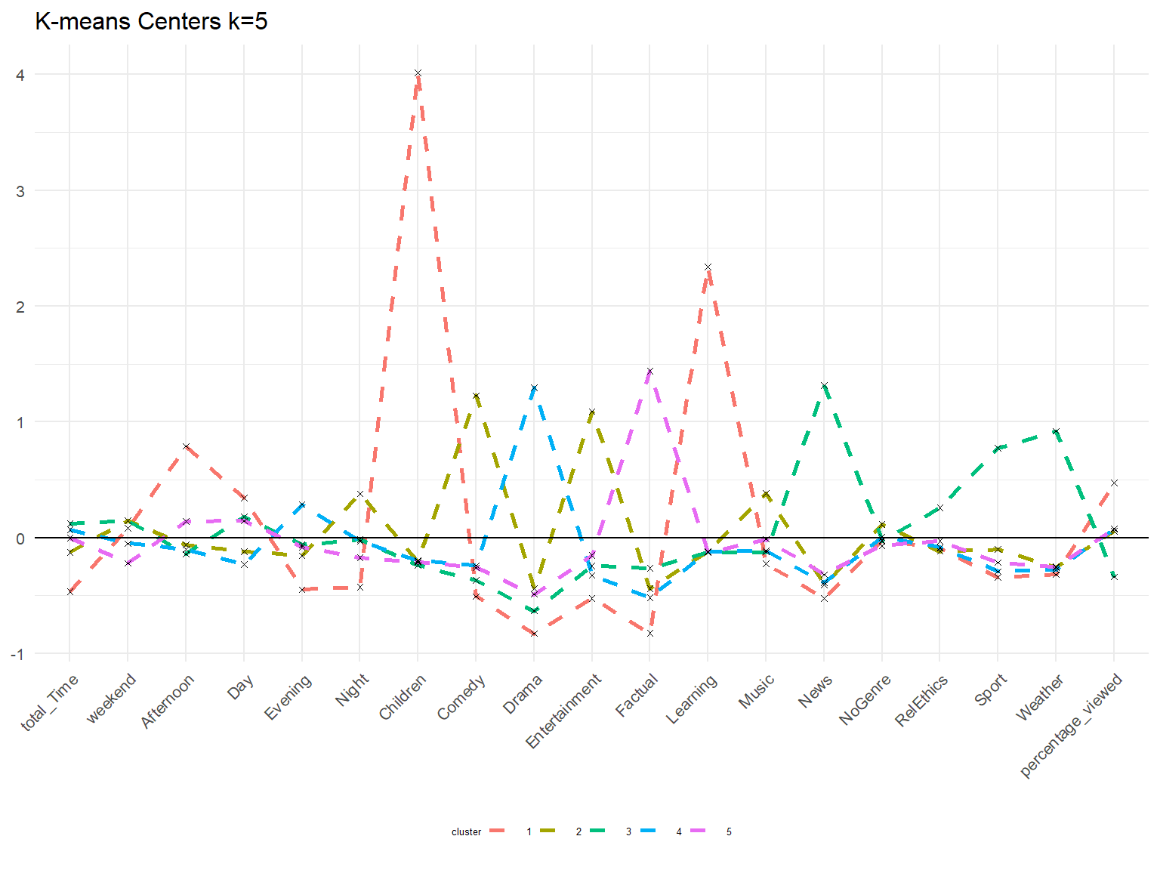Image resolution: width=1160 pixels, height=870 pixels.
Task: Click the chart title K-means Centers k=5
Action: [151, 22]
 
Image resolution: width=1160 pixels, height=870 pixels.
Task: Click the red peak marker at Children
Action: [418, 73]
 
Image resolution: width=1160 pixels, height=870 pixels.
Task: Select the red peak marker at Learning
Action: [708, 267]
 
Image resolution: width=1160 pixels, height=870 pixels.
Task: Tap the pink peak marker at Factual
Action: [649, 372]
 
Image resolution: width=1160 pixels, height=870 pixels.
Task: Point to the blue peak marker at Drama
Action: [534, 388]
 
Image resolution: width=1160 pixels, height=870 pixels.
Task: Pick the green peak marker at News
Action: [824, 386]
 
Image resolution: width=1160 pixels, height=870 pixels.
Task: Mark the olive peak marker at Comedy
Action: [476, 396]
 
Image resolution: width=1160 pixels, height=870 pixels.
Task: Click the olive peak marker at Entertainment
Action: [592, 412]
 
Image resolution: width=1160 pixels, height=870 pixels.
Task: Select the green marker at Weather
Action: [1056, 431]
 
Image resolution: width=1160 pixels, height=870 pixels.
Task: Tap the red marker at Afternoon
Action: [186, 446]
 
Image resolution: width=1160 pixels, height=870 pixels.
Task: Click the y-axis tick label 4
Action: [20, 75]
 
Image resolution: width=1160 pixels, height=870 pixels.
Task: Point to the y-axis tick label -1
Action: [17, 655]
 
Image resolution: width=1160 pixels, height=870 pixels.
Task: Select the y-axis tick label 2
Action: [20, 307]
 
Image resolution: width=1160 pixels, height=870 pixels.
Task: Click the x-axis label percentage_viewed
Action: [1071, 725]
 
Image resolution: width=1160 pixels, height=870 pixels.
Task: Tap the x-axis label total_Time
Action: [49, 702]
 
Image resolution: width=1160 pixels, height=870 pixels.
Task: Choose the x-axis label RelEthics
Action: [921, 700]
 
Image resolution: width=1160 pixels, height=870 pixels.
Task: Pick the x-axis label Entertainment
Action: [563, 711]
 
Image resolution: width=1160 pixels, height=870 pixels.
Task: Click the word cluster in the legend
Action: [466, 832]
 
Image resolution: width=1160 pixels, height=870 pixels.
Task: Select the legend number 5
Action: [729, 832]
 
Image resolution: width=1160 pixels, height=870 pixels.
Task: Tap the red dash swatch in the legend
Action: [497, 831]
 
